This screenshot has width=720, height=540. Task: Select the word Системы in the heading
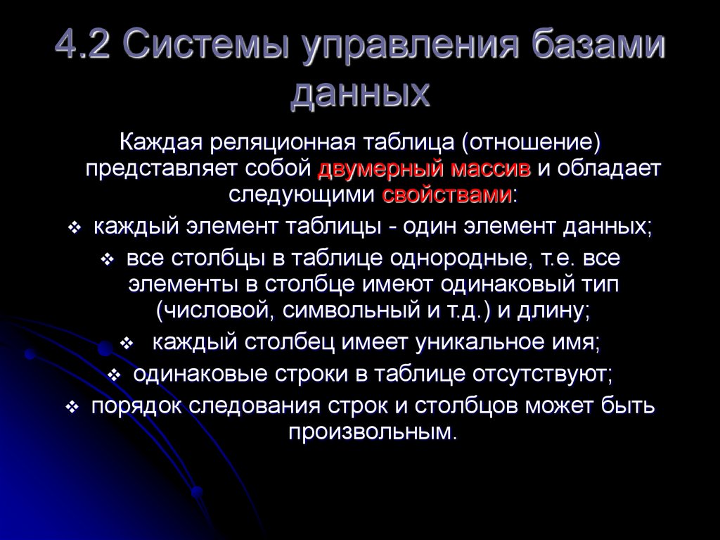click(x=203, y=51)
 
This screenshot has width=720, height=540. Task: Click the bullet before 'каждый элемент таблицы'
click(x=75, y=229)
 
